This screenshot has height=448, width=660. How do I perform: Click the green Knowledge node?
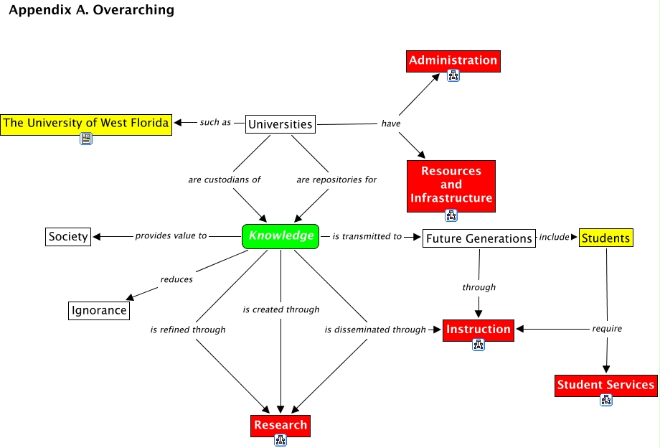280,236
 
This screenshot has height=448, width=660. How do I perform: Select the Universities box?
280,124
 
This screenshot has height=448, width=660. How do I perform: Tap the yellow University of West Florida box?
86,125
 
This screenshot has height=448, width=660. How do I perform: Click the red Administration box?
453,61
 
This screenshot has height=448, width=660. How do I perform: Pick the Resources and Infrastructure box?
451,186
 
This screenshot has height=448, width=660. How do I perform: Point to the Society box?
68,237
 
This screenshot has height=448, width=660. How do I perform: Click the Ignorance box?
99,311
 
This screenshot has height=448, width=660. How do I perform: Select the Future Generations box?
479,238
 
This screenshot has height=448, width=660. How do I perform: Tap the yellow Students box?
606,238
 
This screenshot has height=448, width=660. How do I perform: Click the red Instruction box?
478,330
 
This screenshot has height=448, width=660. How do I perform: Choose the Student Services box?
606,386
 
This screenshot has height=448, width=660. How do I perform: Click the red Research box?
280,426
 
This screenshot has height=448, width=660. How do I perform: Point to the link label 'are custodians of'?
225,179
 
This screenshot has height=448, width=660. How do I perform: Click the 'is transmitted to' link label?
367,237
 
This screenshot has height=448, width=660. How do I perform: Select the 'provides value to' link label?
171,235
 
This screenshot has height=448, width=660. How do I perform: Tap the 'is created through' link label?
281,310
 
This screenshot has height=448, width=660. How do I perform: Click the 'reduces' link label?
176,279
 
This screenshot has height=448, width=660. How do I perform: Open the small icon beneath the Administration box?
453,76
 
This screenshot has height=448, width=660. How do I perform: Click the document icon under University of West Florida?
86,139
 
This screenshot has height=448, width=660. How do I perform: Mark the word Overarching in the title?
133,10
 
